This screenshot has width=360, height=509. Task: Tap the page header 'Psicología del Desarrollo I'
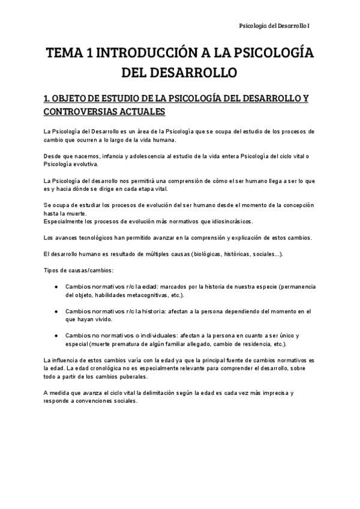pos(274,26)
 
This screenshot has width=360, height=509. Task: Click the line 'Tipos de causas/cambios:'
pos(77,271)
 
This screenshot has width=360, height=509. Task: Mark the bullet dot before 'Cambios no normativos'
pos(56,335)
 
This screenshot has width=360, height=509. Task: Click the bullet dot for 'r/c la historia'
pos(56,312)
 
